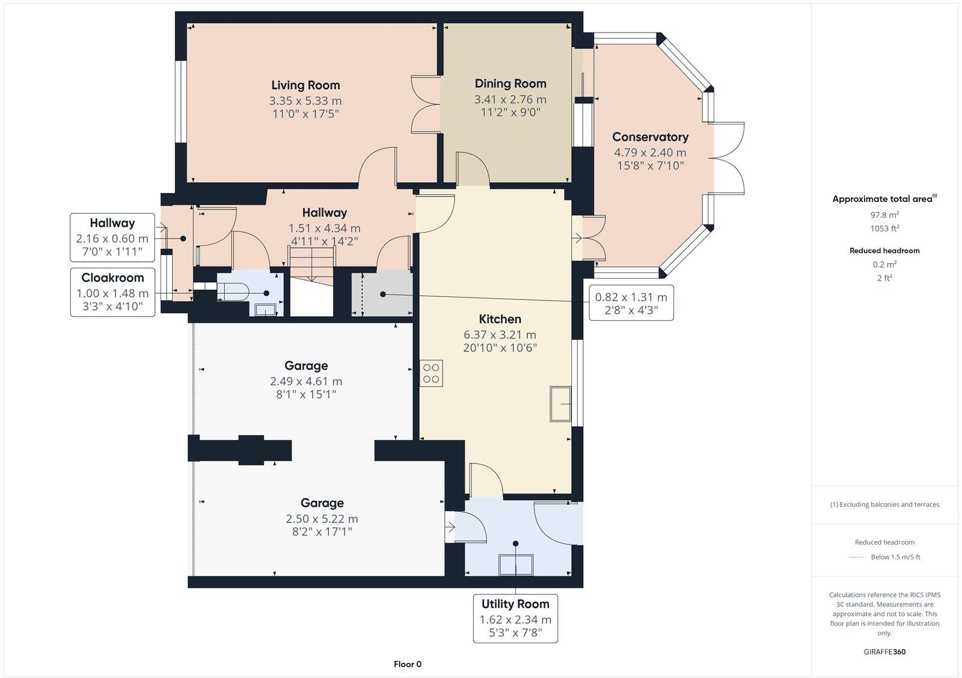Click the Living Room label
(x=305, y=85)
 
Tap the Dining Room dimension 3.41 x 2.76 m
(x=510, y=100)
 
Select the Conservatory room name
(x=650, y=137)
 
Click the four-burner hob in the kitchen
(x=431, y=373)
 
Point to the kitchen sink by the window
(x=561, y=405)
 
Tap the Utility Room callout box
(x=515, y=618)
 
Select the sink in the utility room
(x=516, y=564)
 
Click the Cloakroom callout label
(x=112, y=293)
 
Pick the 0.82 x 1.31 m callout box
(x=631, y=303)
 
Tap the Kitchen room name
(x=500, y=319)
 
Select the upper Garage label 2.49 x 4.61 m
(x=306, y=381)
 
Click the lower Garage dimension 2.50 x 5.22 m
(x=322, y=519)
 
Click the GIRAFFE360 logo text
(x=884, y=652)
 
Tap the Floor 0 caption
(x=408, y=664)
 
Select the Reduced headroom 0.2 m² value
(x=884, y=264)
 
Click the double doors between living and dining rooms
(x=424, y=104)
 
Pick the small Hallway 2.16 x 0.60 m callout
(x=112, y=237)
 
